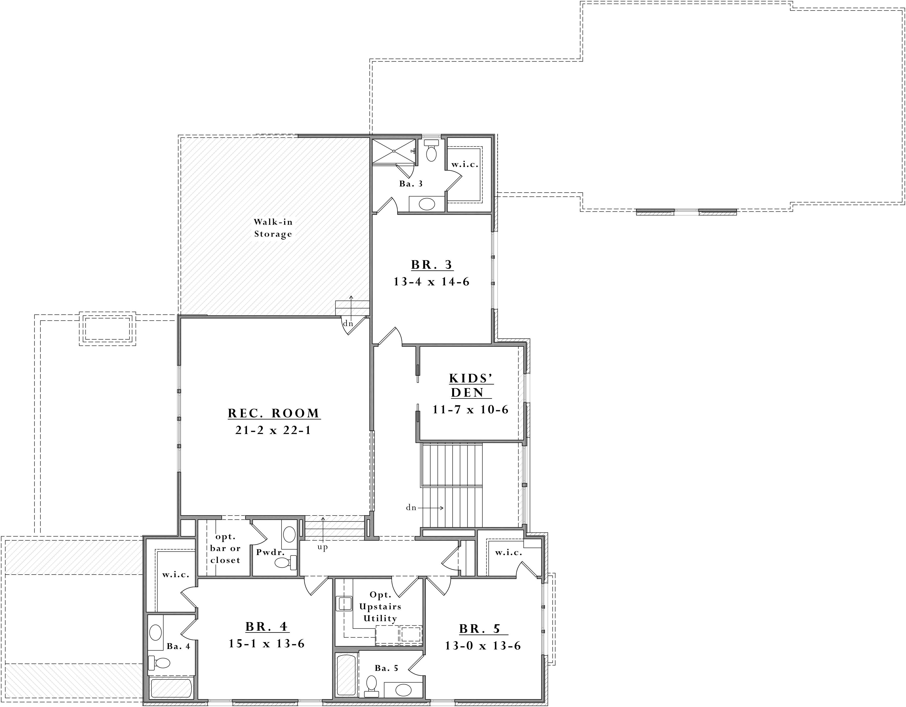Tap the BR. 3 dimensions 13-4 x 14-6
(x=431, y=282)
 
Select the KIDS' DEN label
(x=471, y=385)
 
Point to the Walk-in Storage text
(x=273, y=228)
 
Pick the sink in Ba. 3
(x=427, y=204)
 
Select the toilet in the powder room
(x=286, y=562)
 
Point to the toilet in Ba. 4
(x=159, y=663)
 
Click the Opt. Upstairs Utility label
(x=380, y=607)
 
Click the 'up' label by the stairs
(x=323, y=547)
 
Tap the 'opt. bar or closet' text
(x=225, y=548)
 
